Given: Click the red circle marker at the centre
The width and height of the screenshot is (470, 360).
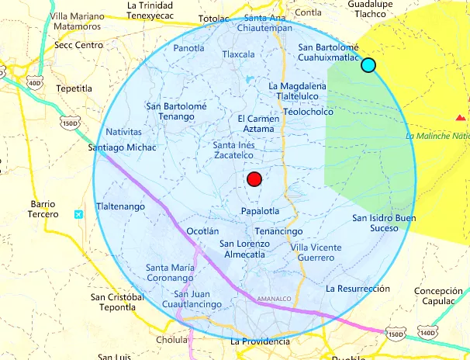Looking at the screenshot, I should pyautogui.click(x=254, y=180).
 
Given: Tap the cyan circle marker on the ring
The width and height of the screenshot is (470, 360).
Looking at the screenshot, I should pyautogui.click(x=368, y=65).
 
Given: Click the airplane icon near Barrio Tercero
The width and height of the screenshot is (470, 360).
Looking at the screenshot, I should pyautogui.click(x=78, y=214).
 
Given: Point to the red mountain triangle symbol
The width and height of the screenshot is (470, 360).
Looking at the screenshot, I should pyautogui.click(x=461, y=118).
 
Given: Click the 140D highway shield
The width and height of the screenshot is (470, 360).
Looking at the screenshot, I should pyautogui.click(x=427, y=333).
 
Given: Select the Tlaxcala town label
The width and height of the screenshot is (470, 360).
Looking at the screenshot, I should pyautogui.click(x=238, y=55).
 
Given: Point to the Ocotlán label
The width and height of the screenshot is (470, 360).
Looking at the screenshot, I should pyautogui.click(x=204, y=231).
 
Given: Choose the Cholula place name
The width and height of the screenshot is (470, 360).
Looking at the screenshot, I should pyautogui.click(x=172, y=340).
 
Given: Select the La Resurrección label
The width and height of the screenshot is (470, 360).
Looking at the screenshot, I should pyautogui.click(x=357, y=288).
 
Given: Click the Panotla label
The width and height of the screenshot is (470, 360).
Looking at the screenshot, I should pyautogui.click(x=188, y=48).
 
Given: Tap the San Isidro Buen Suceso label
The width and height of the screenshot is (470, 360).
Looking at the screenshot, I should pyautogui.click(x=384, y=223).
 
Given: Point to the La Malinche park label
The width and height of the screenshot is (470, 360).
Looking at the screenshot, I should pyautogui.click(x=437, y=136).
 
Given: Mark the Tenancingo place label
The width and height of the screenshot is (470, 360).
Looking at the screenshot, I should pyautogui.click(x=278, y=231).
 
